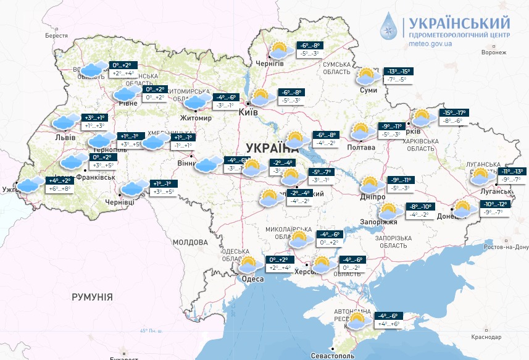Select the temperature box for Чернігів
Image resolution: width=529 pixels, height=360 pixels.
tap(309, 49)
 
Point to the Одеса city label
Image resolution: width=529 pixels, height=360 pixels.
tap(252, 279)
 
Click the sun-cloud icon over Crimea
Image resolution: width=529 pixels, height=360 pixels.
tap(357, 321)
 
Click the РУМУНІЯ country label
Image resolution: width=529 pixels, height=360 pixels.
tap(92, 297)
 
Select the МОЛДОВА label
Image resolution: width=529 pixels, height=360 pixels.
tap(191, 242)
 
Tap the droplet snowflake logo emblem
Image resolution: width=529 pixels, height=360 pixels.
tap(388, 28)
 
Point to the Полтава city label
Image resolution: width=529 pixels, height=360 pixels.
tap(362, 147)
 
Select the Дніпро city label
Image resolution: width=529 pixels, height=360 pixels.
tap(373, 196)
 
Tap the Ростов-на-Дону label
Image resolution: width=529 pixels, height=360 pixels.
tap(506, 247)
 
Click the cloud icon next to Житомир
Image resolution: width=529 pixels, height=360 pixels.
tap(198, 102)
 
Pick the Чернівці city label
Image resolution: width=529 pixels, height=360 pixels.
tap(120, 202)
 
